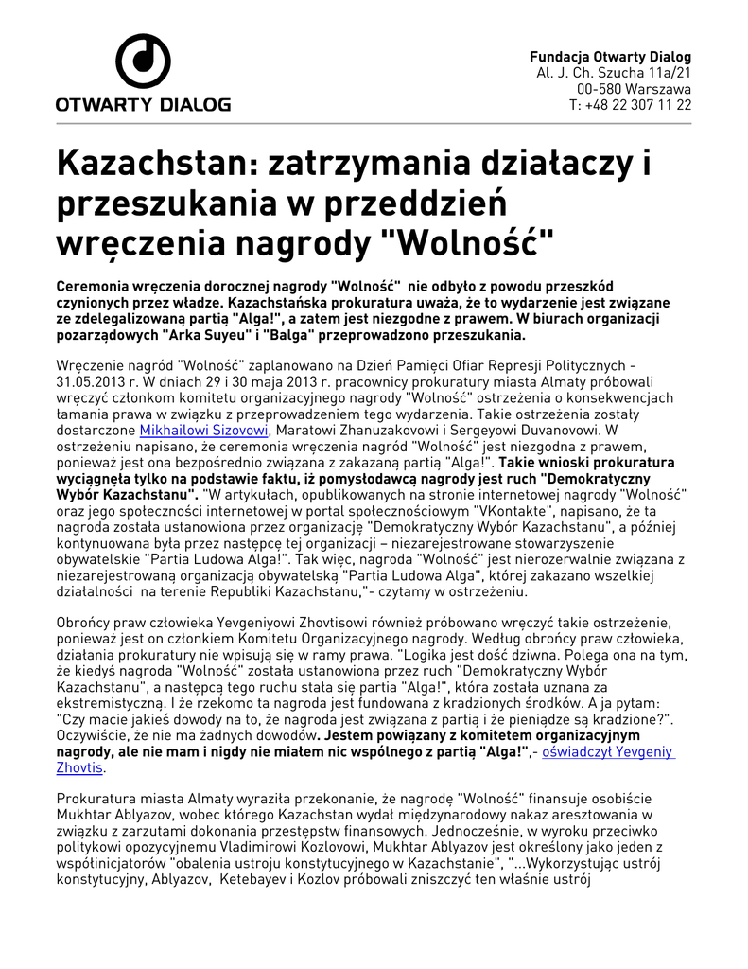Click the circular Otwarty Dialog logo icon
pyautogui.click(x=143, y=62)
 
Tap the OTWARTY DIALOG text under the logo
pyautogui.click(x=143, y=104)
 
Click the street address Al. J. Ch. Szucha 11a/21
pyautogui.click(x=614, y=72)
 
